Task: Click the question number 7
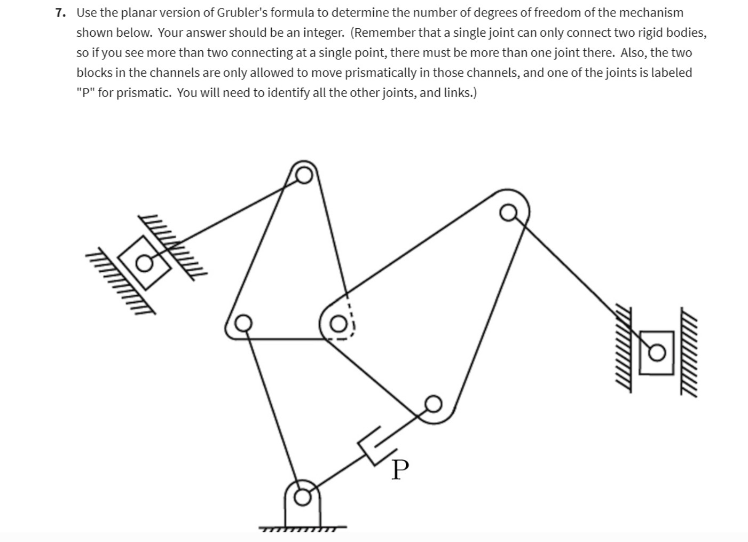click(60, 13)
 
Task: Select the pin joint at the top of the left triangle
click(304, 175)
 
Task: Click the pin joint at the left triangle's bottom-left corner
click(243, 323)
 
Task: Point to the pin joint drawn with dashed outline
click(338, 324)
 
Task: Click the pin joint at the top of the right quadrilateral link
click(508, 213)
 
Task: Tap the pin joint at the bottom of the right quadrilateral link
click(433, 404)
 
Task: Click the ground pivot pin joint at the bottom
click(303, 497)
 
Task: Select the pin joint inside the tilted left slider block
click(144, 263)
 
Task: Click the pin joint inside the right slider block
click(657, 352)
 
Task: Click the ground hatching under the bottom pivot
click(302, 530)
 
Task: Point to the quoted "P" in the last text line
click(86, 93)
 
